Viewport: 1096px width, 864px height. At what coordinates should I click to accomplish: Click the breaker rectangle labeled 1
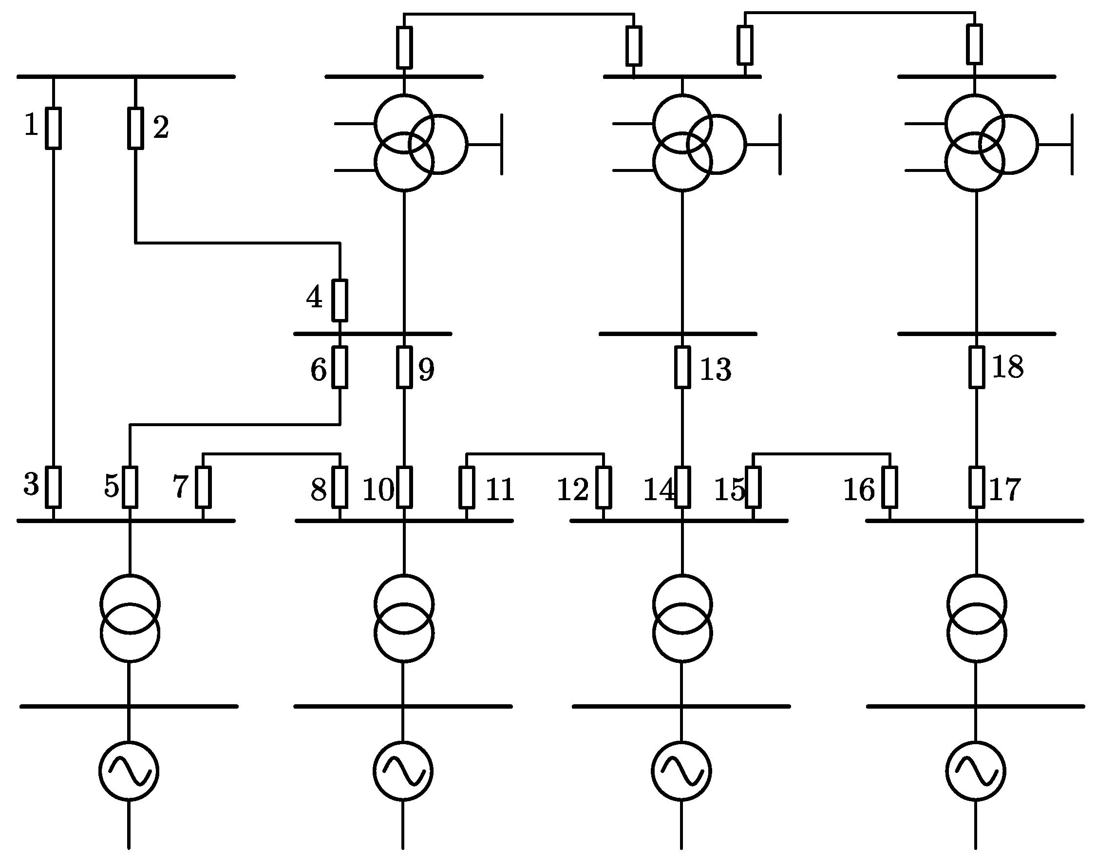coord(53,128)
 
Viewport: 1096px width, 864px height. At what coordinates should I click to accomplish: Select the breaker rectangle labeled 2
coord(135,128)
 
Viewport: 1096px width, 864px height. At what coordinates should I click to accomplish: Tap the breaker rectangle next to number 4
coord(340,301)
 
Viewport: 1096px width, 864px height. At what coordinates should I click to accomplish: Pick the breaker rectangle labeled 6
coord(340,367)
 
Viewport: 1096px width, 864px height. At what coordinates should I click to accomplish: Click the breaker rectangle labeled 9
coord(404,367)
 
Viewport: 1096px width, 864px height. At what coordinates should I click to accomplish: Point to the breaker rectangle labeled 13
coord(682,367)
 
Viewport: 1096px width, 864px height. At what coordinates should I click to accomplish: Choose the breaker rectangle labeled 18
coord(977,367)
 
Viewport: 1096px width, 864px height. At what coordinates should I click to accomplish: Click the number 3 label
coord(31,484)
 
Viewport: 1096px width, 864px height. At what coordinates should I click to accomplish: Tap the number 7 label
coord(181,487)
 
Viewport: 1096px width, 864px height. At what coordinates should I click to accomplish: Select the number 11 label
coord(500,489)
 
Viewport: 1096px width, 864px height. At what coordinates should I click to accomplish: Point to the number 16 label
coord(859,489)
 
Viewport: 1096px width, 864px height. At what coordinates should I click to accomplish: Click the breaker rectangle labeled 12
coord(603,487)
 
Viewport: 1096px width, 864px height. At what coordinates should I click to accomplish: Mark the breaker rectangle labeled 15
coord(753,487)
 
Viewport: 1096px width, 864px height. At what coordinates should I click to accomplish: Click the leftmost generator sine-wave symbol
coord(129,771)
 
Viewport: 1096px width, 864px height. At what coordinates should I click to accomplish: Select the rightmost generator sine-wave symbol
coord(976,771)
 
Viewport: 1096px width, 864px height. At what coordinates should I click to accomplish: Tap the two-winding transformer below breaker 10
coord(404,618)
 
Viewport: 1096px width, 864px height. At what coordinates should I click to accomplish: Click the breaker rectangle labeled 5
coord(130,487)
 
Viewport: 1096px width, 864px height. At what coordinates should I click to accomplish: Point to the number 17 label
coord(1004,489)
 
